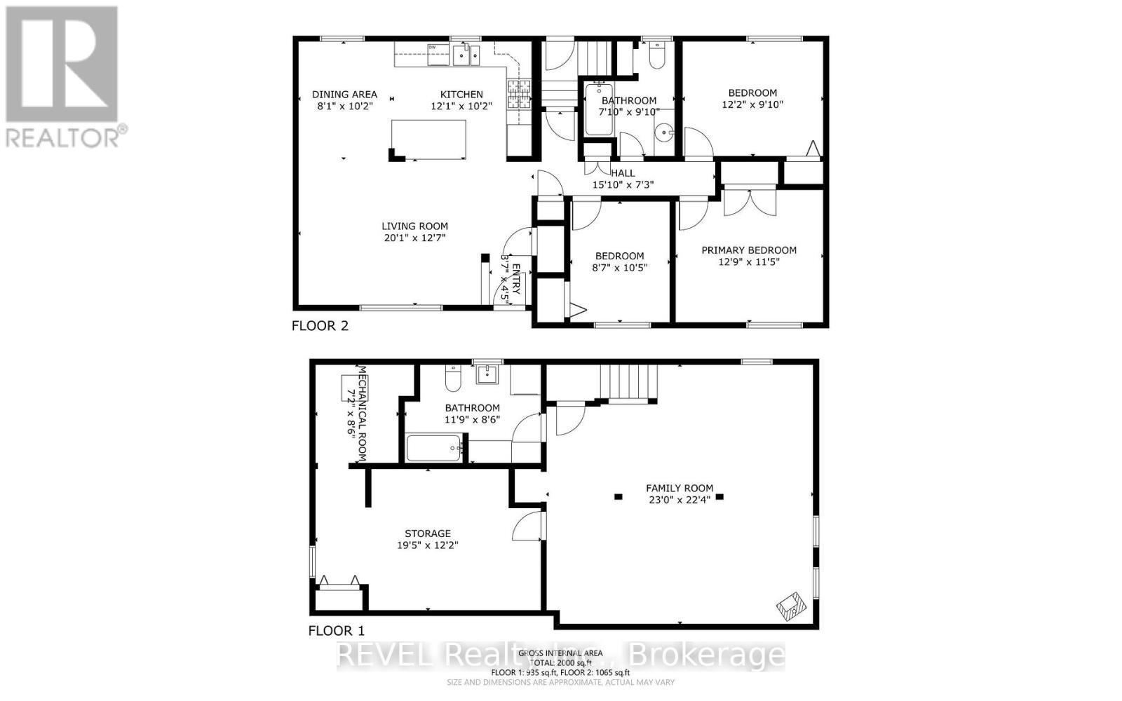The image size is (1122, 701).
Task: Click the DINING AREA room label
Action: point(344,94)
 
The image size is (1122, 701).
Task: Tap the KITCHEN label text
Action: point(461,94)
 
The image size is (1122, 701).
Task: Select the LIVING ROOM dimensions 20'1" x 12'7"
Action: point(414,238)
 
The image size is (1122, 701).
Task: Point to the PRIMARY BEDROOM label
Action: point(749,250)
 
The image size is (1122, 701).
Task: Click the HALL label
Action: point(623,173)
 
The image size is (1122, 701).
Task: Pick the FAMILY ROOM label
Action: point(680,488)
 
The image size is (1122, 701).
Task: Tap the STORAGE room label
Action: point(428,533)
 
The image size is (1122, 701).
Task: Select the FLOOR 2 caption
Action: point(320,326)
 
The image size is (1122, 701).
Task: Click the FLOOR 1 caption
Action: point(337,631)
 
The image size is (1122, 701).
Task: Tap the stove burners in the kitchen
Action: point(519,95)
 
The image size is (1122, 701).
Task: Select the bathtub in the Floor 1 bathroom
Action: point(433,448)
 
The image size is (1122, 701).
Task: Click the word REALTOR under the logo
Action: point(63,137)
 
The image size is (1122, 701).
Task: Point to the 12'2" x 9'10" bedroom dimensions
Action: point(752,104)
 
